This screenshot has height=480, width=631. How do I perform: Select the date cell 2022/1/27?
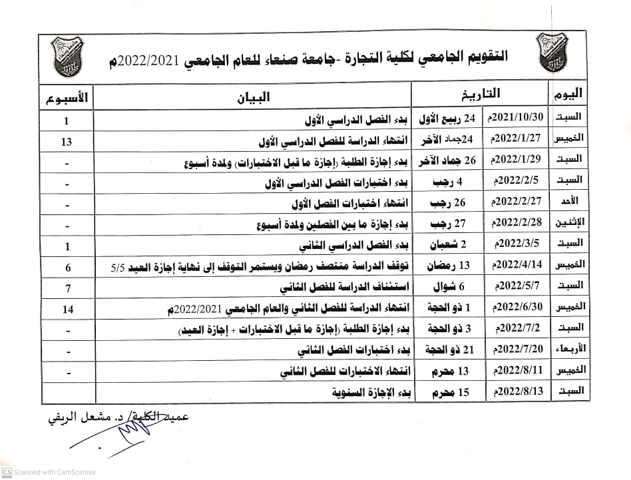tap(517, 139)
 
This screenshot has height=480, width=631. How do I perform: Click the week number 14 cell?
tap(67, 309)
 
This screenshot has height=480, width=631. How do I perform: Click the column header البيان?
tap(254, 97)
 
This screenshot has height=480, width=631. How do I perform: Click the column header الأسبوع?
tap(67, 99)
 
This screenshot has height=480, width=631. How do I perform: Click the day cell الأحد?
tap(571, 200)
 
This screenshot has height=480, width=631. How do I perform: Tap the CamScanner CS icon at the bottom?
tap(7, 472)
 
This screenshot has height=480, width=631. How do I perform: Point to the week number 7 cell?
tap(67, 287)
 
